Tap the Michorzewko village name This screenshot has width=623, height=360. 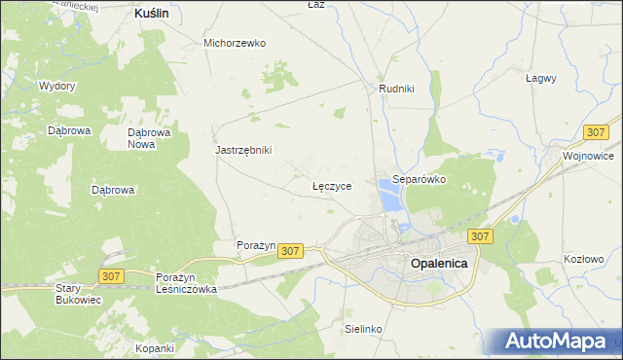[235, 43]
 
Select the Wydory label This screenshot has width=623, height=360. [57, 86]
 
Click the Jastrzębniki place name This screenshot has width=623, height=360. [243, 150]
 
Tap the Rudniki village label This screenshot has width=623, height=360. [396, 89]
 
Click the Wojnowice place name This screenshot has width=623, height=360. [588, 155]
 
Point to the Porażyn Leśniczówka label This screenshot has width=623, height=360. [186, 283]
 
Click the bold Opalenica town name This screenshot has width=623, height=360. [439, 263]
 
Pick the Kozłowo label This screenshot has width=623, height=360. [584, 259]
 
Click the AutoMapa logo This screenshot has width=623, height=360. [556, 342]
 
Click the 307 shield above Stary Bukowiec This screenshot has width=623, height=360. [110, 276]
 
